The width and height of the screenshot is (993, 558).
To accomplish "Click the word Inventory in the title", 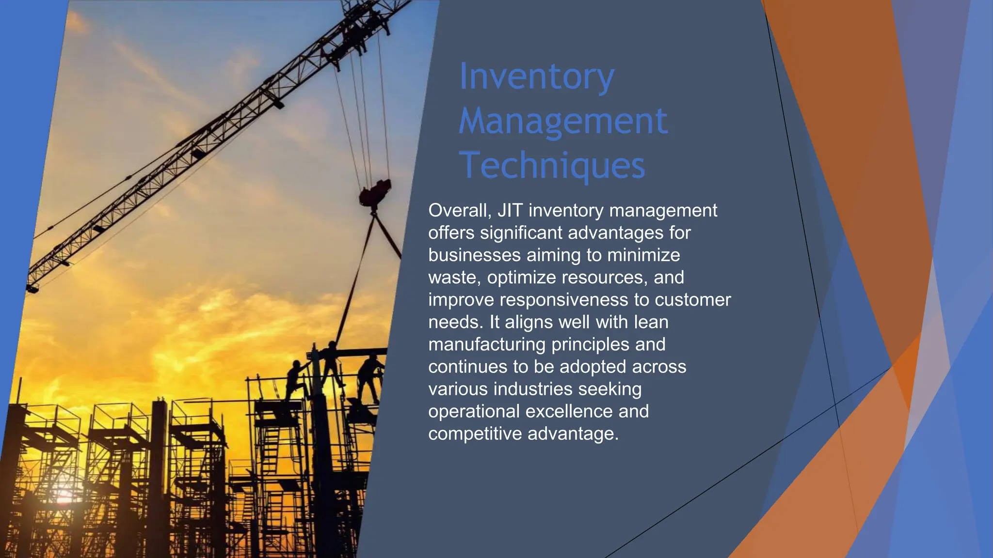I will pyautogui.click(x=537, y=77).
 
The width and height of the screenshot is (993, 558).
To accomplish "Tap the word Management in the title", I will pyautogui.click(x=563, y=121).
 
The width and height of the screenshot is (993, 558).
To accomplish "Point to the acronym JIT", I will pyautogui.click(x=510, y=211).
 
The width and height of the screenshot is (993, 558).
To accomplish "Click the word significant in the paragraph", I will pyautogui.click(x=521, y=233).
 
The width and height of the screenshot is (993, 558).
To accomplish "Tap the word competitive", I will pyautogui.click(x=475, y=434).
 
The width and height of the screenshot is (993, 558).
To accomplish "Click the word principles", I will pyautogui.click(x=591, y=344).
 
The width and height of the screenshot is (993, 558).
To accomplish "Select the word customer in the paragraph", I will pyautogui.click(x=692, y=300).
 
